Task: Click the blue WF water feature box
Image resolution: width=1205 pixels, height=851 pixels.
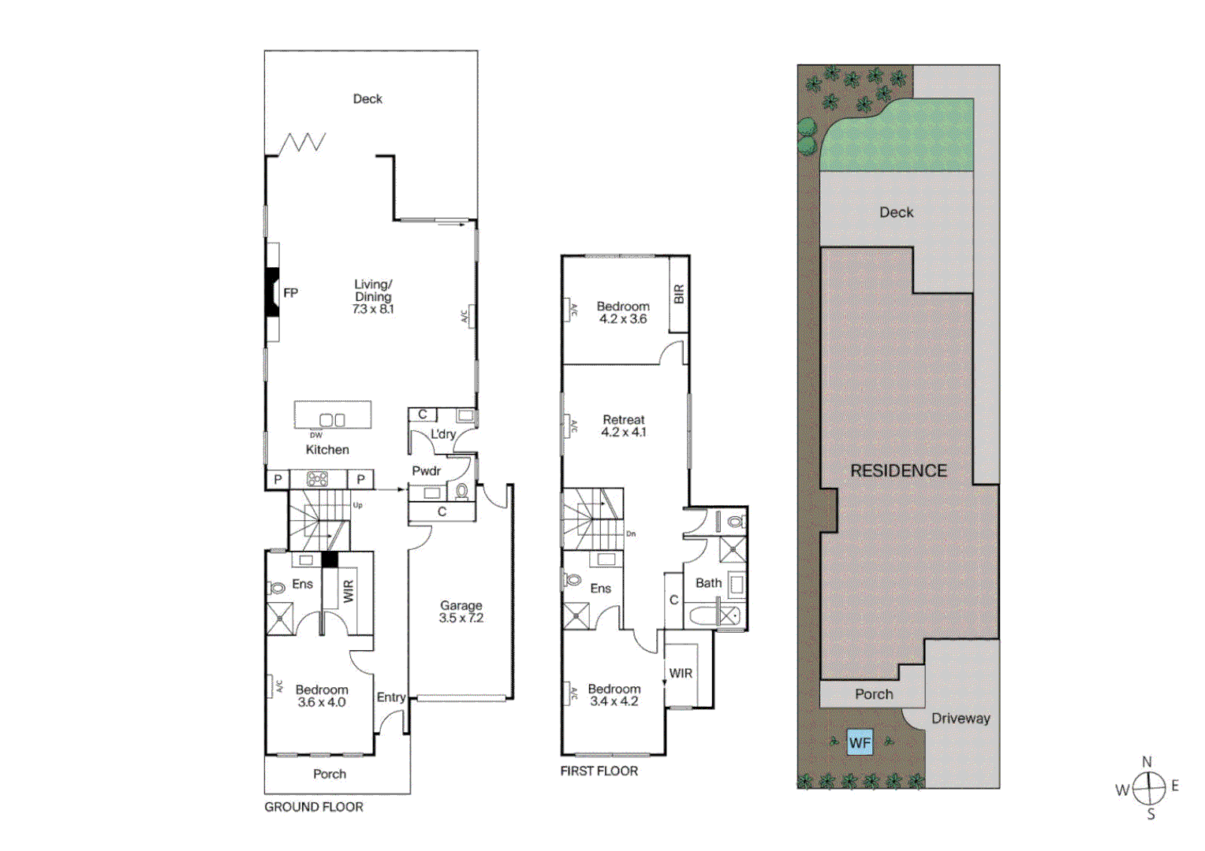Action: (x=860, y=742)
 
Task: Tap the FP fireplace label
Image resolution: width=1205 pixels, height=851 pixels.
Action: (x=290, y=293)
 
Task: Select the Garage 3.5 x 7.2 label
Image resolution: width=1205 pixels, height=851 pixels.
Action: (x=461, y=611)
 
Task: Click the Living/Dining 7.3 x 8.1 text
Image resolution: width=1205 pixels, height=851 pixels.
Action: (x=373, y=296)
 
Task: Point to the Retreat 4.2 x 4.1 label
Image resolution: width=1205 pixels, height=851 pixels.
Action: (x=623, y=425)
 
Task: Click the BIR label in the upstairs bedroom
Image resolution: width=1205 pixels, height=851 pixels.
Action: (x=679, y=294)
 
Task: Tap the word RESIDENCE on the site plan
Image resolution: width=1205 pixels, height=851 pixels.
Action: (x=898, y=470)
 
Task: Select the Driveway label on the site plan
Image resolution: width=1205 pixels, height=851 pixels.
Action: (x=961, y=718)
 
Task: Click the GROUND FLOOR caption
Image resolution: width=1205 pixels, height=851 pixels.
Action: (x=314, y=807)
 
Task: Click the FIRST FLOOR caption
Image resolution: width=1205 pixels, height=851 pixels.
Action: (x=599, y=771)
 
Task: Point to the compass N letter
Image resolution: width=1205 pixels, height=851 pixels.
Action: (x=1147, y=762)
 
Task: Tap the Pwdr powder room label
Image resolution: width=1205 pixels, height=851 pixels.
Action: (x=427, y=470)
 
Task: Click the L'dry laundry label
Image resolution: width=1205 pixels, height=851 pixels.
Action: (x=443, y=434)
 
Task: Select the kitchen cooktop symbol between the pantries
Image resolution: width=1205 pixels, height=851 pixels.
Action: (x=317, y=478)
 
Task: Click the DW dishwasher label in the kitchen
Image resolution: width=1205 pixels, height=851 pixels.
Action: (x=315, y=435)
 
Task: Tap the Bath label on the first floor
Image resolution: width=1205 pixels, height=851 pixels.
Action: (x=708, y=583)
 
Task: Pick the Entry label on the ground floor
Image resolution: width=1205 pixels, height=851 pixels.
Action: (x=391, y=697)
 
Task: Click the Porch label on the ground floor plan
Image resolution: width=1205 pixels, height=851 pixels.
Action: (x=330, y=774)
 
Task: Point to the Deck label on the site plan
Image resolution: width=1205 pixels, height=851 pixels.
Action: (x=897, y=212)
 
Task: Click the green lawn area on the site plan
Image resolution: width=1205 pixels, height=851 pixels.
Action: (x=899, y=142)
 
